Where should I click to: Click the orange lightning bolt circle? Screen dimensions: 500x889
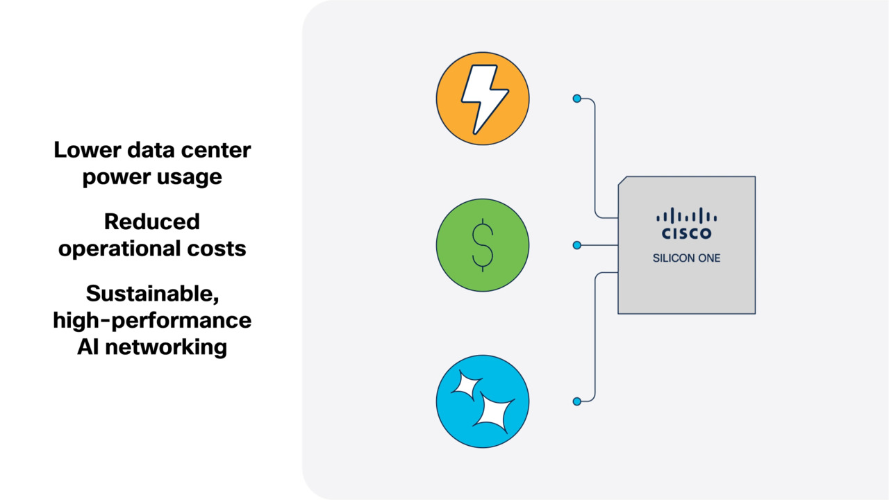coord(483,99)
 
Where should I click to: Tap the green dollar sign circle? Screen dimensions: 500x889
coord(483,245)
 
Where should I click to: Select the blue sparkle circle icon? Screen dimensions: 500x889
coord(483,401)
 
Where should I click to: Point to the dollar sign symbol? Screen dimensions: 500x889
coord(483,246)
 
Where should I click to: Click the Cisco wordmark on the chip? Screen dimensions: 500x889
coord(686,233)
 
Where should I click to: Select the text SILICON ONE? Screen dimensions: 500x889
coord(686,258)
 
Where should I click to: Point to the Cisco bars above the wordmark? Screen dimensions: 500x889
coord(686,215)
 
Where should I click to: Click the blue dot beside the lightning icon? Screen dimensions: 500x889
coord(576,99)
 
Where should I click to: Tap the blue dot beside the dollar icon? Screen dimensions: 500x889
coord(576,245)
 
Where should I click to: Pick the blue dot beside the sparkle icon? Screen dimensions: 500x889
coord(576,401)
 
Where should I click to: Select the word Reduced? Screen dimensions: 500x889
coord(152,222)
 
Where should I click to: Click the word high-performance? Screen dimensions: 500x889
coord(152,320)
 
